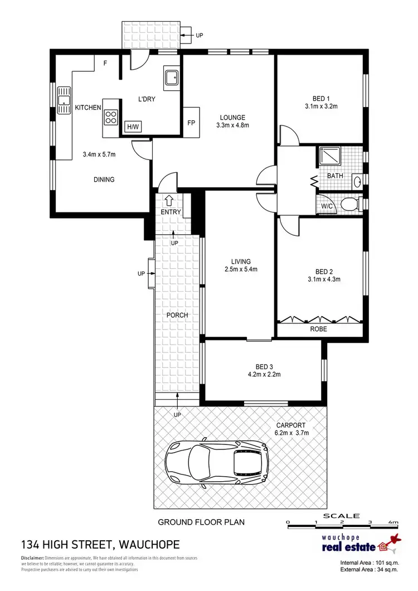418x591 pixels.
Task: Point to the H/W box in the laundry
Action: (133, 127)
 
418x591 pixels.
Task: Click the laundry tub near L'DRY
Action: (171, 79)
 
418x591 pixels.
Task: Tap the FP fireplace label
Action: (191, 123)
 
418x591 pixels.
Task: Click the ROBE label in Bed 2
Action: (319, 330)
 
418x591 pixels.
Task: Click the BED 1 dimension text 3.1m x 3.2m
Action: (322, 105)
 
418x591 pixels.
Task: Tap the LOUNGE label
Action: (233, 118)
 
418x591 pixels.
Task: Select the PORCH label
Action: (178, 315)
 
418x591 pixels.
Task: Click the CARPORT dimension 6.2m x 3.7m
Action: (292, 432)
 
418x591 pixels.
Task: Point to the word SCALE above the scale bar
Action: (342, 516)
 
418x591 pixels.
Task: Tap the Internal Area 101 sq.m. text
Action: (369, 563)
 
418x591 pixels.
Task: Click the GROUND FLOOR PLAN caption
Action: (202, 522)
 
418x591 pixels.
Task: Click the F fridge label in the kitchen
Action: (105, 63)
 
